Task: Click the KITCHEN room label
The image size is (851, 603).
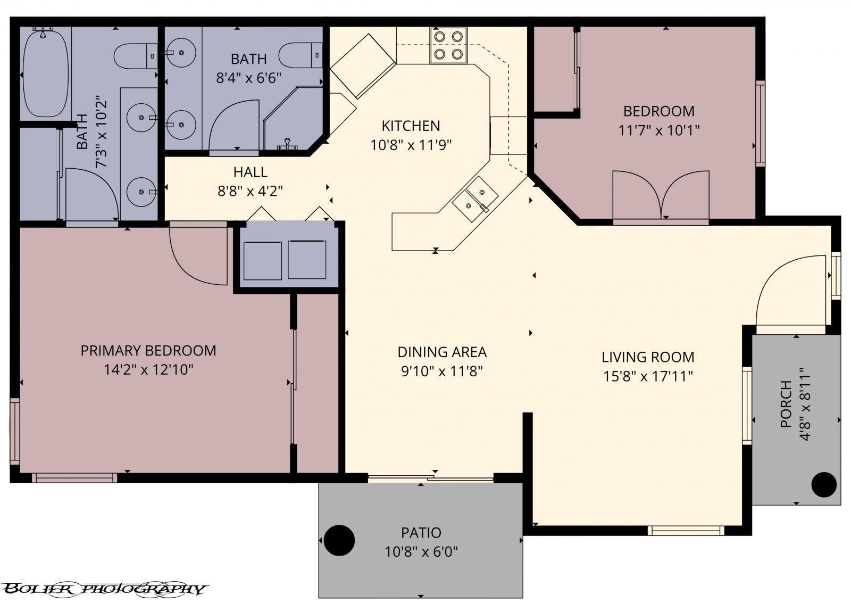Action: (411, 126)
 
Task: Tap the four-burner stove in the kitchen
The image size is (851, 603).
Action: (448, 45)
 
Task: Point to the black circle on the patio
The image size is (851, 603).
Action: (339, 540)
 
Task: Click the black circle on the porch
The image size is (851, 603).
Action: (823, 484)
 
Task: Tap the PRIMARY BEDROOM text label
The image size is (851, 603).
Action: (148, 351)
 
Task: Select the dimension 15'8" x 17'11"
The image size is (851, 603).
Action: (648, 376)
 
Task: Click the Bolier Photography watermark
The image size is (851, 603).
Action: (104, 589)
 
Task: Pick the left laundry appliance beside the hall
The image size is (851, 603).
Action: (262, 260)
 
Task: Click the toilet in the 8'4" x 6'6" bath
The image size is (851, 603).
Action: (300, 55)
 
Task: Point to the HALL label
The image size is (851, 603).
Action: (250, 172)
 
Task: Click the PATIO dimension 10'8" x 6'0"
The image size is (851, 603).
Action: (421, 551)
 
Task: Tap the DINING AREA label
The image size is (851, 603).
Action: (442, 352)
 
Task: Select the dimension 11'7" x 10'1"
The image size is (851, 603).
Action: (658, 130)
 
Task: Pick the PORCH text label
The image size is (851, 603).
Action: (786, 404)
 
